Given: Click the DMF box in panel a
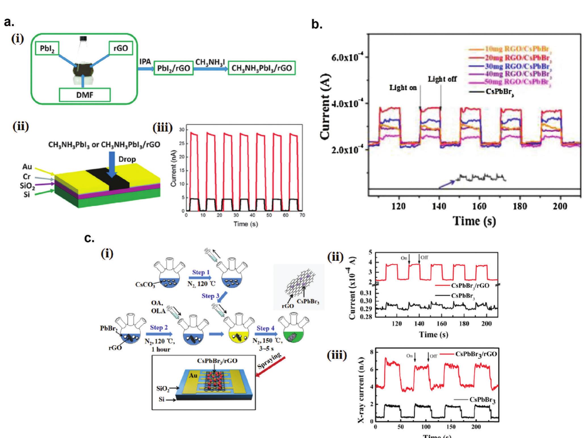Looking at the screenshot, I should pos(84,95).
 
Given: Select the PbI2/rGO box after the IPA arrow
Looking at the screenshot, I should pos(173,69).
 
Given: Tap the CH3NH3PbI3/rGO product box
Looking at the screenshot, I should pos(261,68).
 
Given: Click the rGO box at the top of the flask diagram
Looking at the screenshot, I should pos(120,48).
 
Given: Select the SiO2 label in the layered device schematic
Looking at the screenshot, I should pos(27,186).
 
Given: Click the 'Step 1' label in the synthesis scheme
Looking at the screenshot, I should pos(201,273).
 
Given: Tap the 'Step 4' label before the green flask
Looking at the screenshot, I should pos(263,328).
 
